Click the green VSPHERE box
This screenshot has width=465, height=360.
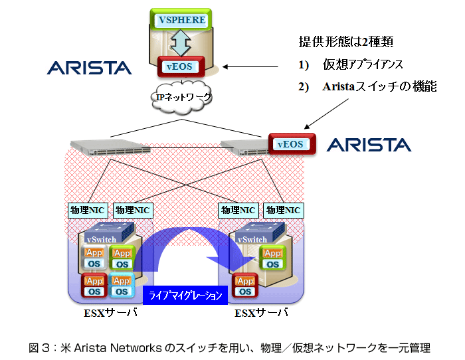point(181,19)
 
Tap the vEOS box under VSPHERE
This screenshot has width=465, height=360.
point(181,66)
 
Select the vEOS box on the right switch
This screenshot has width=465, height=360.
point(292,144)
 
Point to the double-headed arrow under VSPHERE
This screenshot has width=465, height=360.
point(181,43)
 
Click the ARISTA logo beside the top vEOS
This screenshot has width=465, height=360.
point(89,68)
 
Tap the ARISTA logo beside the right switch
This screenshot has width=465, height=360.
point(369,145)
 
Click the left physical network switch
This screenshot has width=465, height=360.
point(110,147)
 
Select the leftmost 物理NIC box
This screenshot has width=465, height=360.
point(88,211)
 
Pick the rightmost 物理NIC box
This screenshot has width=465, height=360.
point(284,211)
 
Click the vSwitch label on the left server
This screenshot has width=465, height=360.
point(102,239)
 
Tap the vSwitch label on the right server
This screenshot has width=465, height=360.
point(252,239)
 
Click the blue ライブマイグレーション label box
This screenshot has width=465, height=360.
point(185,295)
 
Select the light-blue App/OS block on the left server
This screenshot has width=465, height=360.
point(122,285)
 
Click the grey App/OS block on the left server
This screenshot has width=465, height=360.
point(94,257)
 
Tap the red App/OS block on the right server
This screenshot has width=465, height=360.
point(245,286)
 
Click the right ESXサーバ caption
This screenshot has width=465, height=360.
point(261,313)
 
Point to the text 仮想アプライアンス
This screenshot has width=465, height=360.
point(363,64)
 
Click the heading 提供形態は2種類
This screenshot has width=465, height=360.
point(346,42)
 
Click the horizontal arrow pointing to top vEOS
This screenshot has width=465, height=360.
point(250,66)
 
